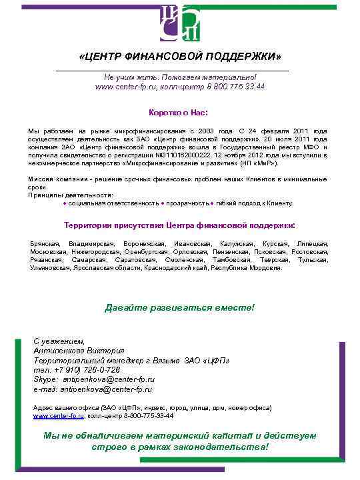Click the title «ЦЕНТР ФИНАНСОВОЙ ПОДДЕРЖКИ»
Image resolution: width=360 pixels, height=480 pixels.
tap(180, 55)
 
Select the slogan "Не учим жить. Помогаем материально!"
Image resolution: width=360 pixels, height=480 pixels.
tap(180, 77)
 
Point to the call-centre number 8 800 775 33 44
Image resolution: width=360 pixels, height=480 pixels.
tap(236, 87)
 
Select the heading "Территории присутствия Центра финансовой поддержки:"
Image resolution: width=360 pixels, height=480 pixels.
tap(179, 225)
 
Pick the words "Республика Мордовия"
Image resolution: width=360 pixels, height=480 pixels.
tap(255, 268)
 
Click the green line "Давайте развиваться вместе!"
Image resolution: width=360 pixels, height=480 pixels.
tap(180, 307)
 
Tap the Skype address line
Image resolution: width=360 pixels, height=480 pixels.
tap(93, 379)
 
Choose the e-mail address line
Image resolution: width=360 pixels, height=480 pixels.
tap(93, 389)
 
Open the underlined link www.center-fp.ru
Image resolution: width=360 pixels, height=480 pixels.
tap(59, 415)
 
